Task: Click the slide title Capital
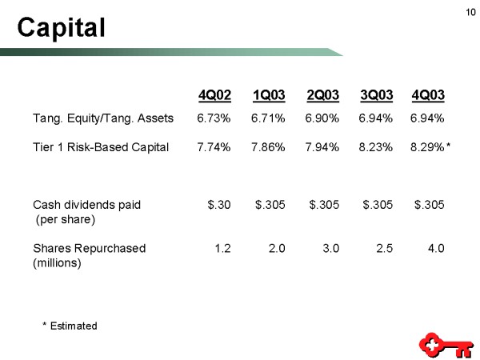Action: pos(62,28)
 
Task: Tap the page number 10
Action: pos(470,12)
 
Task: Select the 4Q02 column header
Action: pos(214,95)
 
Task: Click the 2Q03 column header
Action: pos(323,95)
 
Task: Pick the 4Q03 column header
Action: pos(428,95)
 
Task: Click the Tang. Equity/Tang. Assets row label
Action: pos(103,118)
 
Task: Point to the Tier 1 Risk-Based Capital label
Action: pos(101,147)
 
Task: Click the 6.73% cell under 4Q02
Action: pos(214,118)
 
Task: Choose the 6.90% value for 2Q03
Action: pos(322,118)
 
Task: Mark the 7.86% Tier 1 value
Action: pos(268,147)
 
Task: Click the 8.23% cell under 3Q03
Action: pos(376,147)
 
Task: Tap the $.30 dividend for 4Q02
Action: pos(219,205)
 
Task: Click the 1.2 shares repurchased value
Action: pos(222,248)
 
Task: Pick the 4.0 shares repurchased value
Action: pos(436,248)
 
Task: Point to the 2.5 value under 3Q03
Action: pos(385,248)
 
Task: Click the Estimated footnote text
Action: pos(74,326)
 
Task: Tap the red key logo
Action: pos(446,346)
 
